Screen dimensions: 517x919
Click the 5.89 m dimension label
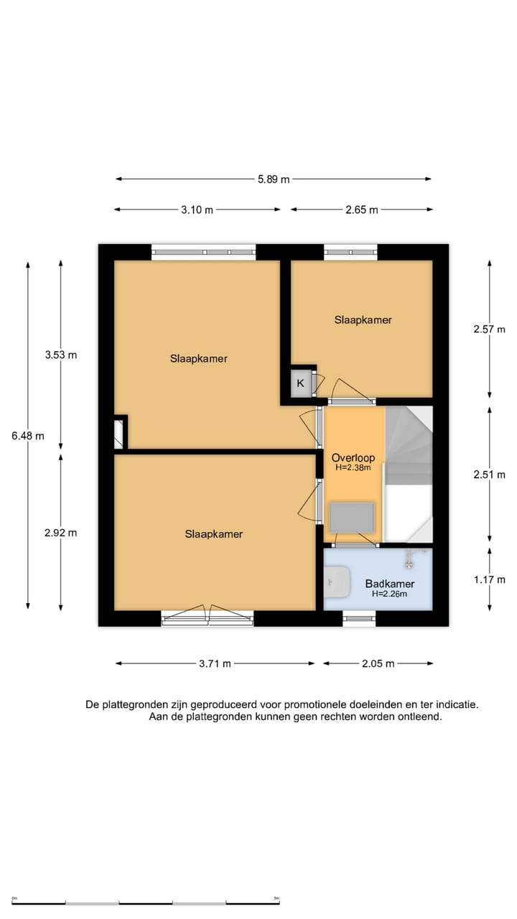[274, 179]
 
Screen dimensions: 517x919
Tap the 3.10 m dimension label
[197, 210]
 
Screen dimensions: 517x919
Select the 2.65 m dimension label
[361, 210]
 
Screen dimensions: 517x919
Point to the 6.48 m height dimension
[27, 436]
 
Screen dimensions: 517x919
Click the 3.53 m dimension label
[61, 355]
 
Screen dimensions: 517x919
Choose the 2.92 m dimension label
[61, 533]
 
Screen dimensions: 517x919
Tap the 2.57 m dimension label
[489, 329]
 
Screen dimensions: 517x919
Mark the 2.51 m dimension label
[489, 475]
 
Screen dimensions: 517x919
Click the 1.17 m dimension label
[490, 579]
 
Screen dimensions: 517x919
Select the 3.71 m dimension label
[215, 663]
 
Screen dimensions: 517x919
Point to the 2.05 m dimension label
[378, 663]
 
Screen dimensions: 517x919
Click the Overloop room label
[353, 458]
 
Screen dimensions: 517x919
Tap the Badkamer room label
[390, 584]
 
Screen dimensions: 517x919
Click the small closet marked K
[300, 383]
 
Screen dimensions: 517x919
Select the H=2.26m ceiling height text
[389, 594]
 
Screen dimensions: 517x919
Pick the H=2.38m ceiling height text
[353, 467]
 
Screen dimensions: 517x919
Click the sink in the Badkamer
[337, 582]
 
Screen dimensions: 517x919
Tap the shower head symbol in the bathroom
[409, 564]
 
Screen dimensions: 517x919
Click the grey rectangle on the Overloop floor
[352, 518]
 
